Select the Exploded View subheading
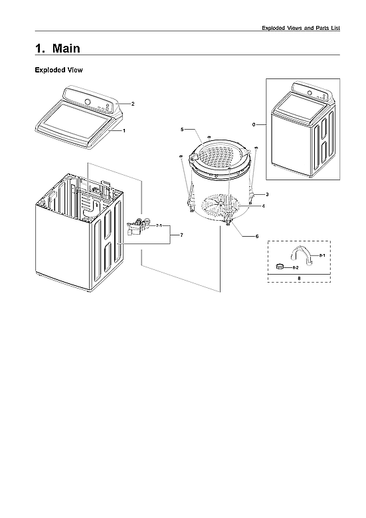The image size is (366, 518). (x=58, y=70)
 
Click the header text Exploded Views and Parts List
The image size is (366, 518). (x=301, y=28)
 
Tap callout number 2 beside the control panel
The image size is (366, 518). (x=133, y=104)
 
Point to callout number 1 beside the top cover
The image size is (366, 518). (x=124, y=131)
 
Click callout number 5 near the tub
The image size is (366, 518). (x=182, y=128)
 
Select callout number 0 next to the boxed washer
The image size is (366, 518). (x=254, y=124)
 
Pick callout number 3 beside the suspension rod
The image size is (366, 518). (x=266, y=194)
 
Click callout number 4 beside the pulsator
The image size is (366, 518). (x=264, y=206)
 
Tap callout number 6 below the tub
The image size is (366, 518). (x=257, y=237)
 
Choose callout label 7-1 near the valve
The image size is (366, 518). (x=159, y=227)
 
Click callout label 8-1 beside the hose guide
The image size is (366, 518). (x=321, y=255)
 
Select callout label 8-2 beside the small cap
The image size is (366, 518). (x=296, y=267)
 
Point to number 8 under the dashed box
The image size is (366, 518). (x=299, y=279)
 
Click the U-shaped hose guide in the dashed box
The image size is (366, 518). (x=302, y=255)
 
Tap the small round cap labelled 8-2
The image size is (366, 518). (x=281, y=266)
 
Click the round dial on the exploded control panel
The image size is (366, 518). (x=87, y=102)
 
